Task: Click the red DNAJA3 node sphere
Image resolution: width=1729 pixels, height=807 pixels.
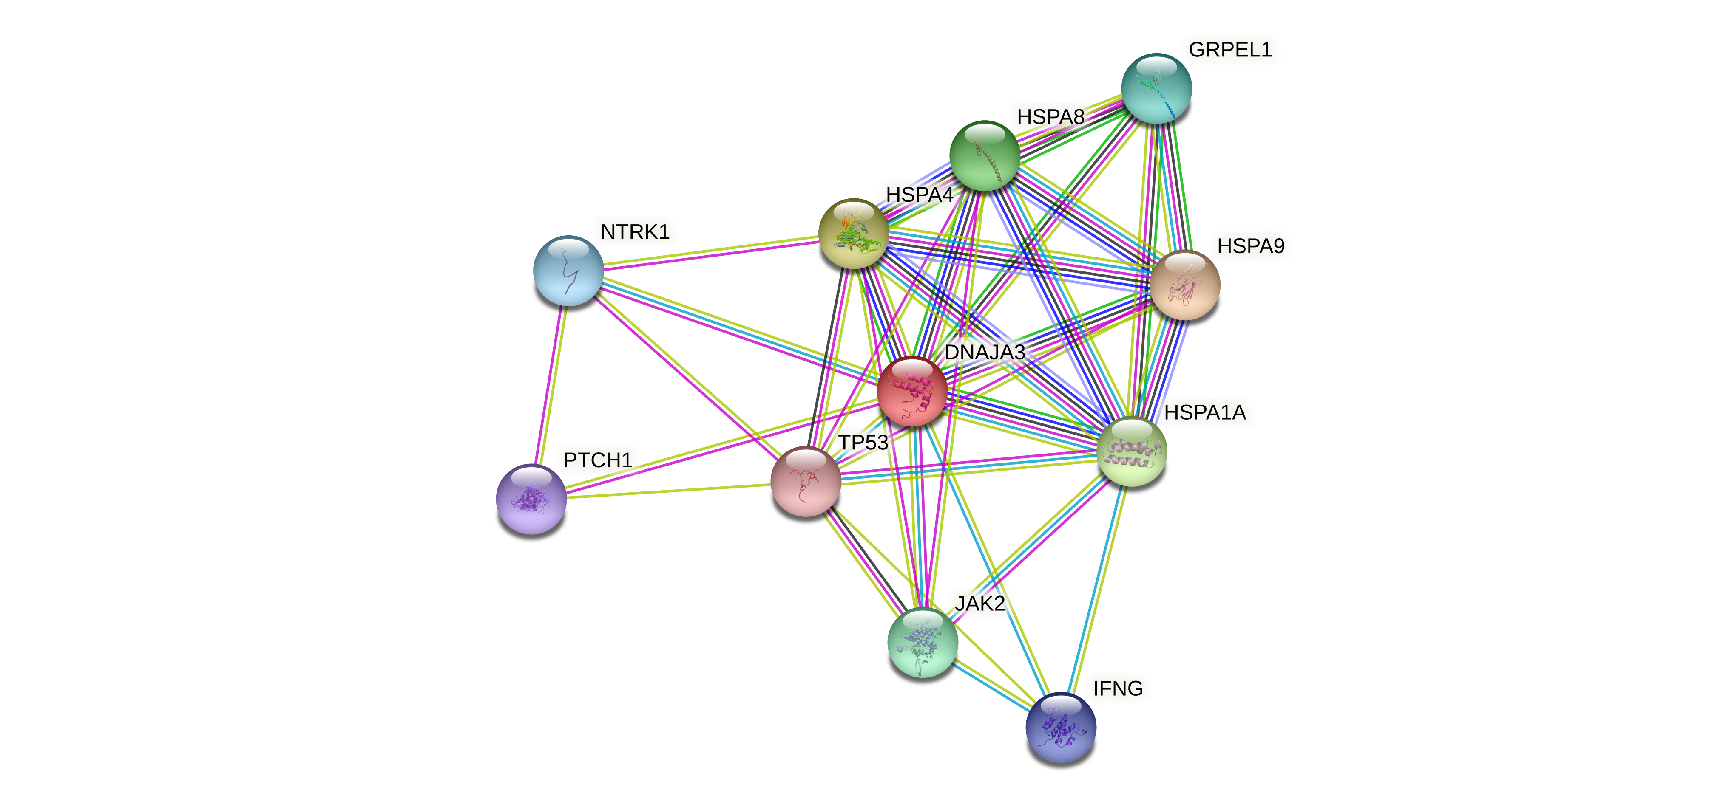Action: [912, 392]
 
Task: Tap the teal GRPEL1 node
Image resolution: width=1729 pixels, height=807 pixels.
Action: [1156, 88]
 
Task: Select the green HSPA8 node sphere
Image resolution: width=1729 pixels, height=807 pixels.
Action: [985, 155]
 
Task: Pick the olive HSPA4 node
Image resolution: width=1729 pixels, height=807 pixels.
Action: [854, 234]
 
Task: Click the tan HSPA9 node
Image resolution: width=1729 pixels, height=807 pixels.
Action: [1185, 285]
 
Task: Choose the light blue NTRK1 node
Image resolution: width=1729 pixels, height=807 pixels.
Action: [568, 270]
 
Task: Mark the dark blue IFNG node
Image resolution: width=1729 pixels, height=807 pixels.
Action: [1061, 727]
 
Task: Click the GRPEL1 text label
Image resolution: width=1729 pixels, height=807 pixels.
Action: [1229, 50]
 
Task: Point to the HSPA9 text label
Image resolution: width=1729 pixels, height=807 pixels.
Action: [1250, 246]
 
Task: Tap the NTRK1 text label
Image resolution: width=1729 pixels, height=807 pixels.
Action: [635, 232]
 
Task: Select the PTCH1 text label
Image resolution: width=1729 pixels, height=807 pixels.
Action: [597, 460]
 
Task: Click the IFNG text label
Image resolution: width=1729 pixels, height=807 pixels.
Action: [1118, 688]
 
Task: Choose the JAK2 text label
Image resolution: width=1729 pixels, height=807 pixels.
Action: [980, 604]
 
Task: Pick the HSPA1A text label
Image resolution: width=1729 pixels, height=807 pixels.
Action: [1205, 412]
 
